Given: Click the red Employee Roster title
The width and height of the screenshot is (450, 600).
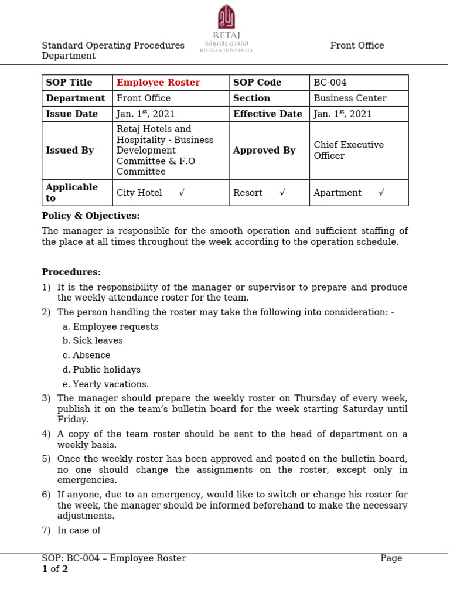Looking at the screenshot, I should (158, 83).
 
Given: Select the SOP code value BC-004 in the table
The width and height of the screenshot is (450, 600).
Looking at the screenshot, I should (330, 83).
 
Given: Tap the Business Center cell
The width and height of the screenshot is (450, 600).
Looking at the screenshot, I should (350, 98).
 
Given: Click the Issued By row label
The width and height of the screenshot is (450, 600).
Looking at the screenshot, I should (70, 151).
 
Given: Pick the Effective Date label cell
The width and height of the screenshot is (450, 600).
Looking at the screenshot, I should (268, 114).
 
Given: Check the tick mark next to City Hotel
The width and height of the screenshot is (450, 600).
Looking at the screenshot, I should (182, 193).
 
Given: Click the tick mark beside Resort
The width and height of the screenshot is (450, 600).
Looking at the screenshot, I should (282, 193).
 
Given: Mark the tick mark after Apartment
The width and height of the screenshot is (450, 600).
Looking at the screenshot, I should (381, 193).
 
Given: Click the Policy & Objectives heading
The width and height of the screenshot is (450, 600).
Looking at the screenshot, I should (91, 216).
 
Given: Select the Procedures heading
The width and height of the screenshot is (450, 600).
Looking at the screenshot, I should (71, 272).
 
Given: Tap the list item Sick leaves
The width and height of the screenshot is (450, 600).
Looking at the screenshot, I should (98, 341).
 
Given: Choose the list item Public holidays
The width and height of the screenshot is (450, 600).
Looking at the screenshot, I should (107, 370).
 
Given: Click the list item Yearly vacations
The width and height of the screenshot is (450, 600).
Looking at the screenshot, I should (111, 384).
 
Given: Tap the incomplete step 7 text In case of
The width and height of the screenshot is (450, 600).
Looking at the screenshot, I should (79, 530).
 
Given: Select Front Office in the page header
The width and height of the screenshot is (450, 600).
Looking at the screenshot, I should (357, 46).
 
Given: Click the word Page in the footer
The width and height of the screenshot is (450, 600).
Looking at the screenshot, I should (391, 558).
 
